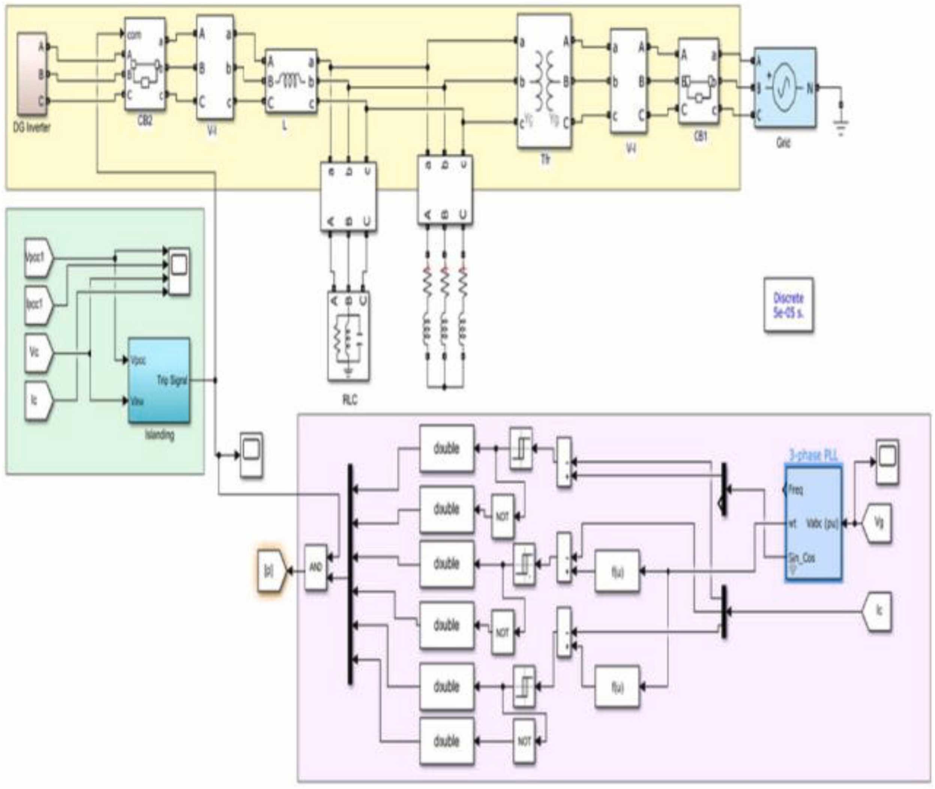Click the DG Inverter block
[32, 74]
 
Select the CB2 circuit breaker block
[145, 64]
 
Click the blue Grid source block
[784, 88]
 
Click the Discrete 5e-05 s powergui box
[788, 305]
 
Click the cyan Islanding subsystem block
[159, 381]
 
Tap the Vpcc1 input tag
[38, 258]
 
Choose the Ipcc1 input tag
[38, 305]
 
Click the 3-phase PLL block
[813, 522]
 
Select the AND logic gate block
[316, 567]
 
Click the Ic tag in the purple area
[878, 611]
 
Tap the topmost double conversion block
[446, 448]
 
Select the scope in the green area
[179, 271]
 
